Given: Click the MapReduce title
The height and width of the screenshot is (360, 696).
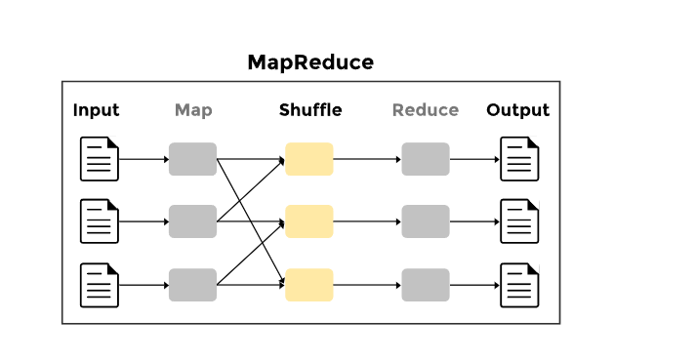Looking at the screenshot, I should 310,62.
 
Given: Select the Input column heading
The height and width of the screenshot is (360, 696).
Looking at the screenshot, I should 96,110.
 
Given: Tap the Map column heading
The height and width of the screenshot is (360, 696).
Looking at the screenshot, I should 193,110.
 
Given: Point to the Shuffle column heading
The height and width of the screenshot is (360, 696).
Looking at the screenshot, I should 310,110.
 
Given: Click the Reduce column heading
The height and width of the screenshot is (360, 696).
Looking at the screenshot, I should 426,110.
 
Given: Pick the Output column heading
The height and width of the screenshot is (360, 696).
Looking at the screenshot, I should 517,110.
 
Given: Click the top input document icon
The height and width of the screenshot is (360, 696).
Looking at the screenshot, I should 99,159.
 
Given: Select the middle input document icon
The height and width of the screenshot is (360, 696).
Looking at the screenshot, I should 99,221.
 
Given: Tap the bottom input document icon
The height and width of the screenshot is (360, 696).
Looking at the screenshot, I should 99,285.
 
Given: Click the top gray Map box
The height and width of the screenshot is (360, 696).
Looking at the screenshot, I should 192,159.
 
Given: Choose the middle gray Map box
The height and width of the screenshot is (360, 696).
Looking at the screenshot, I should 192,221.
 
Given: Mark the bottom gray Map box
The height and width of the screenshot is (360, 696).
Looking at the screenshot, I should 192,285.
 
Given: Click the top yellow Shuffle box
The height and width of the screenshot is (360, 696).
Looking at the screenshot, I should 309,159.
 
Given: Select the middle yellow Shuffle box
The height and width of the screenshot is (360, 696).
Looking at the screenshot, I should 309,221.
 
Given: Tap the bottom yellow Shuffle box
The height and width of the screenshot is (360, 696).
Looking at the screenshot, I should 309,285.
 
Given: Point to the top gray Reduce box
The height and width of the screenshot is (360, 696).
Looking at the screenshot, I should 426,159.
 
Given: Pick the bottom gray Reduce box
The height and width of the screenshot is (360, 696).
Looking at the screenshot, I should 426,285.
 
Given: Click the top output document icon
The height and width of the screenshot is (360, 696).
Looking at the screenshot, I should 519,159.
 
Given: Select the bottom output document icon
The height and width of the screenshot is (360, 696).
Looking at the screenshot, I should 519,285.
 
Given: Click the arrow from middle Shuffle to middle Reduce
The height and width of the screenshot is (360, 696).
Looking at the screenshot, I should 367,221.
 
